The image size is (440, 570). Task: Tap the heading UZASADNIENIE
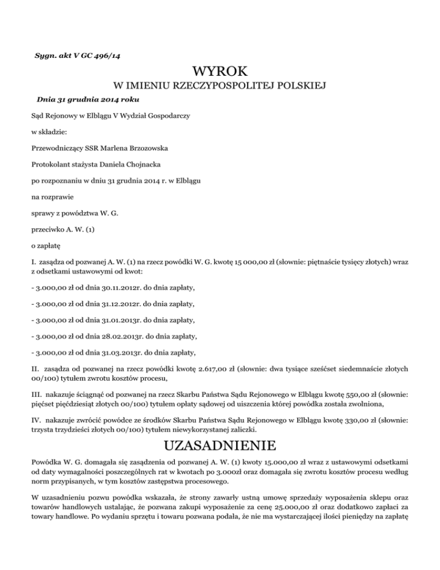[x=220, y=446]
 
